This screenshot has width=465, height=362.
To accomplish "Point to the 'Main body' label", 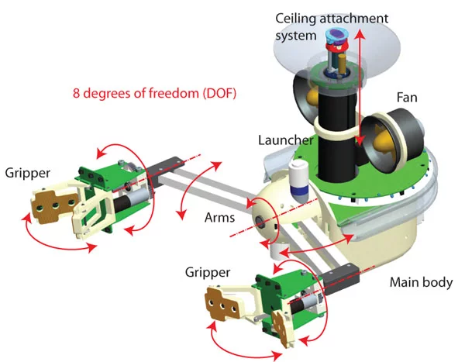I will [420, 282].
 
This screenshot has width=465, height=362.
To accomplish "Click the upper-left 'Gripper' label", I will [26, 171].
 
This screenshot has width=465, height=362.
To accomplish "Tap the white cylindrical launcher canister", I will [298, 178].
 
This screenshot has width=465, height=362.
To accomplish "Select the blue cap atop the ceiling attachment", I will [337, 36].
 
